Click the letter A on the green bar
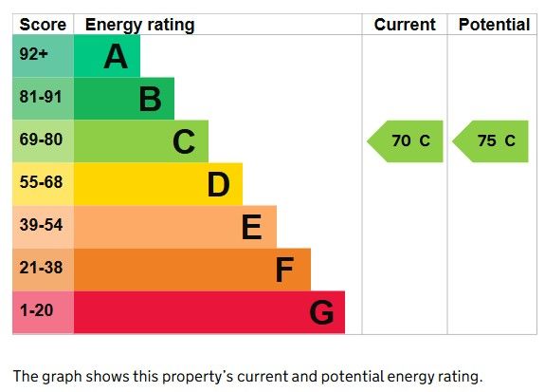116,56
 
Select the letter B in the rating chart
150,99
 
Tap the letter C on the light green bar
184,141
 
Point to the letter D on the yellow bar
218,184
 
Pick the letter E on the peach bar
251,227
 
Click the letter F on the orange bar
284,270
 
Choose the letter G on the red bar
321,312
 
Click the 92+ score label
34,54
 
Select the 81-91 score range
41,97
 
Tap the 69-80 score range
41,140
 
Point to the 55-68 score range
41,182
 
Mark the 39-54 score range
41,225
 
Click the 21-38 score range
41,268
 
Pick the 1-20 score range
37,310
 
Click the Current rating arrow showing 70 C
405,141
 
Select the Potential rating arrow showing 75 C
490,141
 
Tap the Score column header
43,25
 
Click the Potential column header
494,25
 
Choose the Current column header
405,25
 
